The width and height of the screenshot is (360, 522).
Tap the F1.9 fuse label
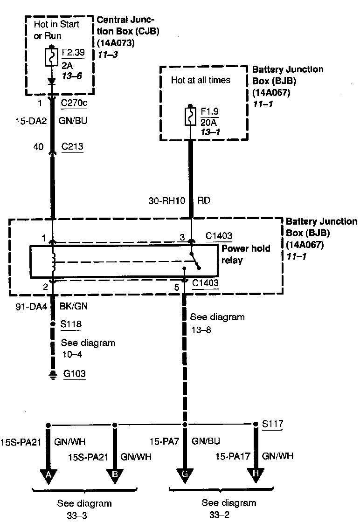point(210,112)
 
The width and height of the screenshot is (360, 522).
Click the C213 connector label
point(72,147)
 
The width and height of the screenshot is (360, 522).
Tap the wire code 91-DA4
point(30,307)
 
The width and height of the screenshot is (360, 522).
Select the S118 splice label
point(72,322)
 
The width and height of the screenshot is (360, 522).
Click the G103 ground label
point(74,374)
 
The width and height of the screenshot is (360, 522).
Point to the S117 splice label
point(272,424)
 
